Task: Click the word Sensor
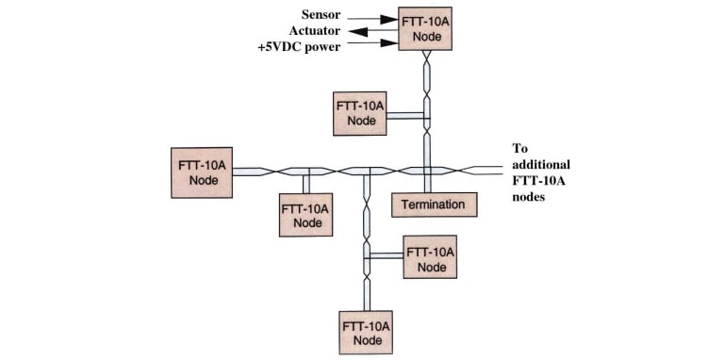[321, 14]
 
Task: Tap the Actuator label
[315, 30]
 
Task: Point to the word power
[322, 47]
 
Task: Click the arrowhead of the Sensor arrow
[389, 20]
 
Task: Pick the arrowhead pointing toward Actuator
[356, 31]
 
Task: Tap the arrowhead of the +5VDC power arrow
[389, 43]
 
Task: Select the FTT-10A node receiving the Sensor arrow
[425, 28]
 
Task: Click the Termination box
[434, 205]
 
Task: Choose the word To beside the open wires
[520, 149]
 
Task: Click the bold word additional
[541, 164]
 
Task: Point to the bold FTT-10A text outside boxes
[539, 180]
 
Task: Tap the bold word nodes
[529, 197]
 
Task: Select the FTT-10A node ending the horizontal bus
[202, 172]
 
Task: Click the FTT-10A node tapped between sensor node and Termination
[360, 113]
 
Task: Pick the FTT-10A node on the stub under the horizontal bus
[305, 215]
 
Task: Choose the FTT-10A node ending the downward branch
[366, 333]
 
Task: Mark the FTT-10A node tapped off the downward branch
[430, 256]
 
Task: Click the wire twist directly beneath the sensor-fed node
[427, 57]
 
